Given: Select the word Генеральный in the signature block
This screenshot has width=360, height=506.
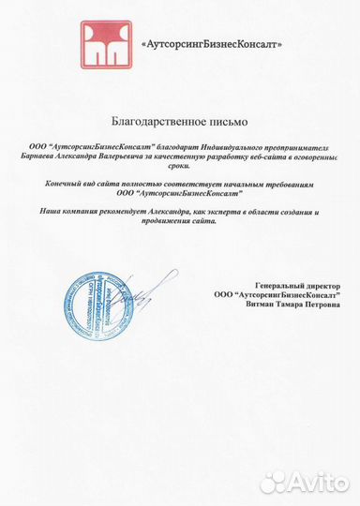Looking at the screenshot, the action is [275, 285].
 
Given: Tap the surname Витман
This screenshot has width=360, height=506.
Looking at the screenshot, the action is [261, 304].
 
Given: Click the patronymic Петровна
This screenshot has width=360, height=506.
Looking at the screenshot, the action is [320, 304].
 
